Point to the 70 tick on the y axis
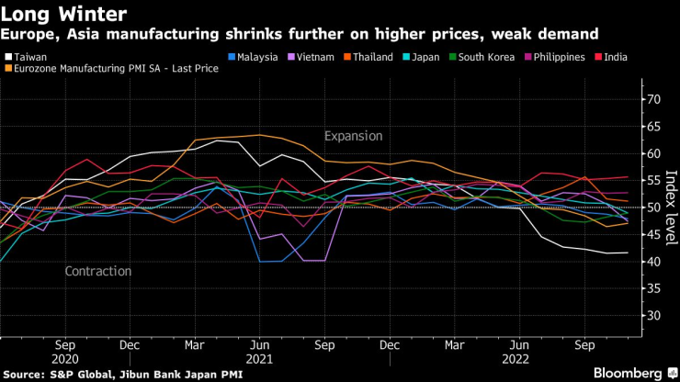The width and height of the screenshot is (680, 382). (x=654, y=99)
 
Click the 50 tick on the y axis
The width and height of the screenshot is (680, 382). (x=654, y=208)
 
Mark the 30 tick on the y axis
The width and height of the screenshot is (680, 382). (x=654, y=316)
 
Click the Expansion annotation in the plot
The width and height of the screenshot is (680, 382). (x=353, y=136)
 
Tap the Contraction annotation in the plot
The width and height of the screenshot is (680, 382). (x=98, y=272)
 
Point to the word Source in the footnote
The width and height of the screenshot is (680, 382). (x=25, y=374)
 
